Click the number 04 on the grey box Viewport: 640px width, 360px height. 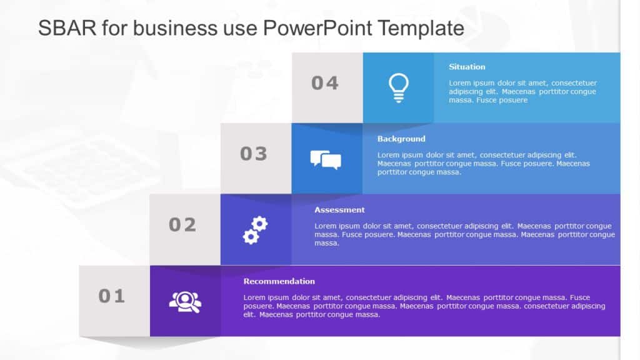325,83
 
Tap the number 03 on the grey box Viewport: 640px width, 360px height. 254,154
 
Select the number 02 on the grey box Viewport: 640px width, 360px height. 182,224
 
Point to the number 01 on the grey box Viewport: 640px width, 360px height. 112,296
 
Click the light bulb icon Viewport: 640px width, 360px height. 398,87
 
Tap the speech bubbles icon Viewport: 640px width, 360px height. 326,160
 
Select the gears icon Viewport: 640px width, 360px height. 255,230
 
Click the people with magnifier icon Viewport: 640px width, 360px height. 185,302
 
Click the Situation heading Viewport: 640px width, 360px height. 467,67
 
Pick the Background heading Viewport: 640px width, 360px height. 401,139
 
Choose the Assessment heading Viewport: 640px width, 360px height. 339,210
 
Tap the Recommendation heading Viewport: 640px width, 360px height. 279,281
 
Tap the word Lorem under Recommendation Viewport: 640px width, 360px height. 254,297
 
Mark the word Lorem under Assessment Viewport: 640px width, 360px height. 326,226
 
